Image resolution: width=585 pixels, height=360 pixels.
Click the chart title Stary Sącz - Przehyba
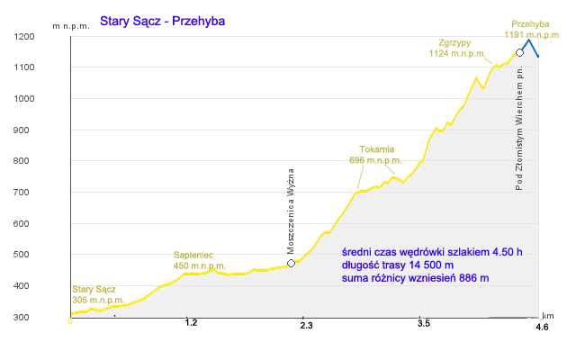[x=162, y=22]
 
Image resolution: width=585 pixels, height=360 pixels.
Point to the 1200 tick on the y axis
[x=24, y=37]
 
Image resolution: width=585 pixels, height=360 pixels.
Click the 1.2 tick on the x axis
[x=191, y=323]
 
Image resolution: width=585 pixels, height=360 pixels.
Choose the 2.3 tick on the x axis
[x=306, y=326]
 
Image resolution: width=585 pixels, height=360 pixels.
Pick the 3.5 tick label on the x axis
[x=424, y=323]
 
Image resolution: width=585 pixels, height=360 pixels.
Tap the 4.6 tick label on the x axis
[x=542, y=328]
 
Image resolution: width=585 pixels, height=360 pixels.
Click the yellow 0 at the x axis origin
[x=70, y=321]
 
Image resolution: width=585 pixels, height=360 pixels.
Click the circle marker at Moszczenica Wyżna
[x=291, y=264]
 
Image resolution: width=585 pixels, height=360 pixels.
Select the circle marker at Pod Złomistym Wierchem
[x=519, y=52]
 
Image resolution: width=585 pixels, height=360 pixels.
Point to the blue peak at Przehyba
[x=528, y=40]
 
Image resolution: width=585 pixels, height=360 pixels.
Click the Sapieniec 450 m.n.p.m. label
[x=200, y=260]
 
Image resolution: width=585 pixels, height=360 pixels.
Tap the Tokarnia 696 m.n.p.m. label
[x=375, y=155]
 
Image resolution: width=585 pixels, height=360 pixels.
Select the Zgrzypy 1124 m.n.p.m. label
[x=457, y=48]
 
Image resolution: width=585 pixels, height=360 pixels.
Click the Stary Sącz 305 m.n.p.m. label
[x=98, y=294]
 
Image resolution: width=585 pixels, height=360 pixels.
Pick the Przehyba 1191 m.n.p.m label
[x=532, y=30]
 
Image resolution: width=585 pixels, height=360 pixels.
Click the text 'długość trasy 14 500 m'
[x=398, y=265]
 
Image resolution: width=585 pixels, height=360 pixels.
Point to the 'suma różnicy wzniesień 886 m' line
[x=415, y=278]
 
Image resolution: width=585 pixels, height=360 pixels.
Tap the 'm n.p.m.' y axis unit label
[x=71, y=26]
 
